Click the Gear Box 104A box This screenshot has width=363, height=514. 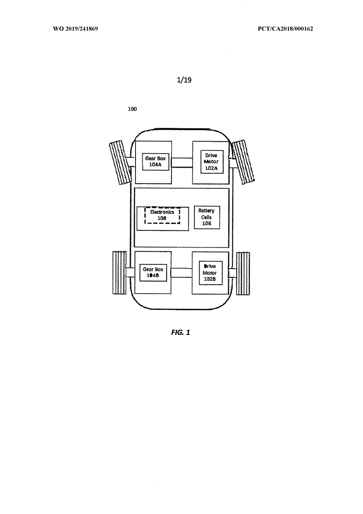click(156, 161)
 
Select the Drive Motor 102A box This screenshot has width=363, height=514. click(212, 162)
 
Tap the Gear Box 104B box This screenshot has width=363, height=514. click(153, 272)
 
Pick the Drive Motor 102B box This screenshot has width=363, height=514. click(211, 273)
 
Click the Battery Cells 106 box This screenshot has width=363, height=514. click(207, 217)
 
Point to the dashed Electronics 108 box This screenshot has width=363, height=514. click(162, 215)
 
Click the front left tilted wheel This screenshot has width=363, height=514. click(120, 163)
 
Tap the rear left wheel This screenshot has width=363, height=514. click(119, 273)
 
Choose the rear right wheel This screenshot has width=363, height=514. click(243, 273)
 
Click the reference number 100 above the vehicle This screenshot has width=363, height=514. click(132, 109)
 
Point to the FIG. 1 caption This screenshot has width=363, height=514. click(181, 332)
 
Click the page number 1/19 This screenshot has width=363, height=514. click(184, 80)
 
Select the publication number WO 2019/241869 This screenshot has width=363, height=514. click(75, 29)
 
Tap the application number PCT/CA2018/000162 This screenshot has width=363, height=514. click(285, 29)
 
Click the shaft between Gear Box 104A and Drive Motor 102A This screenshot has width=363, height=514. click(182, 163)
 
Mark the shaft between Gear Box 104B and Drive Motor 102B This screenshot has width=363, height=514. click(181, 273)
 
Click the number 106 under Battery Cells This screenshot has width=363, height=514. click(207, 223)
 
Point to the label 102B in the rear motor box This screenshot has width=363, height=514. click(210, 279)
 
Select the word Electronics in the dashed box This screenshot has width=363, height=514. click(162, 212)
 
